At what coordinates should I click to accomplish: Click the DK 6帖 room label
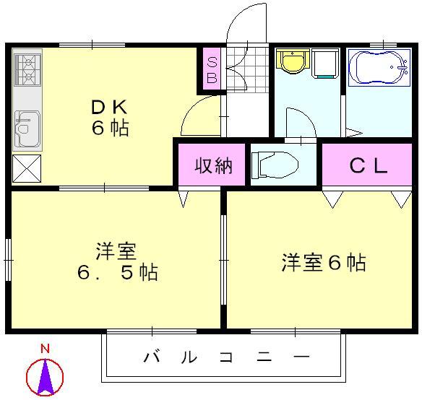110,118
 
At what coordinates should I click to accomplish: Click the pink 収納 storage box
213,165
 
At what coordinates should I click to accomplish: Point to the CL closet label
369,165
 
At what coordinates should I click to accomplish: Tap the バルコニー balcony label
226,357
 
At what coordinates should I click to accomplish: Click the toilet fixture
275,166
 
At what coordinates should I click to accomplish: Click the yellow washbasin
293,62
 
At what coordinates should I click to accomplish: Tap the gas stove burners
27,69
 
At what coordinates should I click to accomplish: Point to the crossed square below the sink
27,169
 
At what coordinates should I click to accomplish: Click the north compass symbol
46,376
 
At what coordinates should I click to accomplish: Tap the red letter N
46,349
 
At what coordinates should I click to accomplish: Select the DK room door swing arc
198,116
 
